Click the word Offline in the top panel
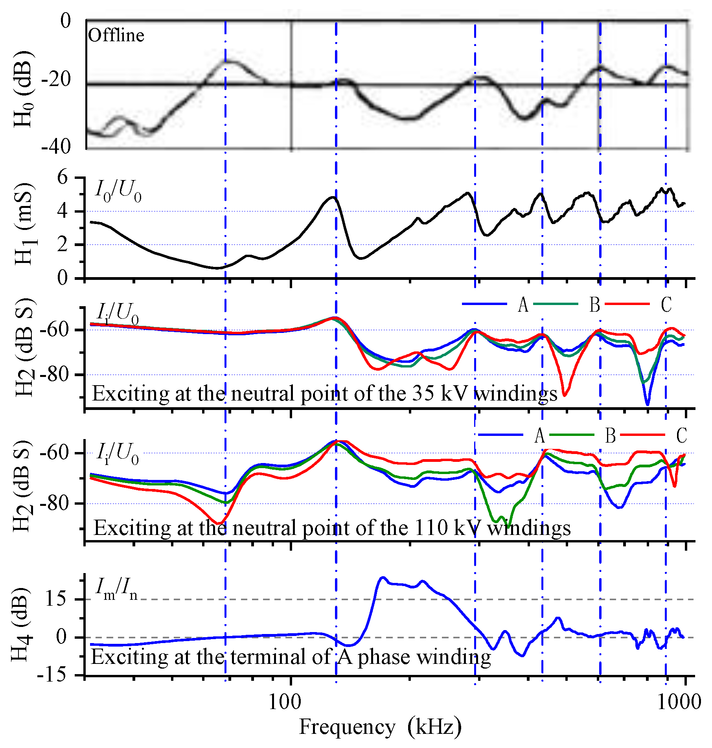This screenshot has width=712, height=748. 116,36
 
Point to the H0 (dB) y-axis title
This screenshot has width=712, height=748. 23,89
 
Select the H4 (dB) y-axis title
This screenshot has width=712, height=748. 20,625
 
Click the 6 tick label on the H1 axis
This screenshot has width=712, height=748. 63,178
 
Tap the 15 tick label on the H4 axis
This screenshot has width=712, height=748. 55,599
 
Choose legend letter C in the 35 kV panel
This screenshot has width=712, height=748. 666,305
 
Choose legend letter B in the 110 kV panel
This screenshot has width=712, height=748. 610,436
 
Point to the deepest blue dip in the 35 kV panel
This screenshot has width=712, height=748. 648,404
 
